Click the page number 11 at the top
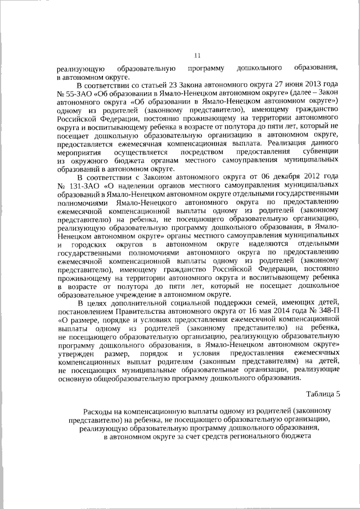(197, 55)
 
